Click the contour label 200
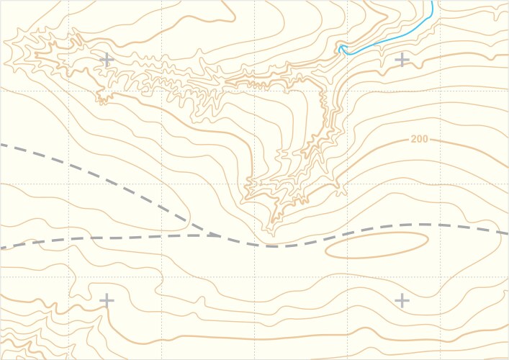pyautogui.click(x=420, y=139)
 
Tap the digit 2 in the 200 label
pyautogui.click(x=414, y=139)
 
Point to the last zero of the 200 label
pyautogui.click(x=425, y=139)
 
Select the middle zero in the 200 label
pyautogui.click(x=420, y=139)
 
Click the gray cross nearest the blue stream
pyautogui.click(x=402, y=60)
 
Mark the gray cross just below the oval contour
pyautogui.click(x=402, y=300)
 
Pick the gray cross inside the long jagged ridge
pyautogui.click(x=107, y=60)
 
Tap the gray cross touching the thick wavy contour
pyautogui.click(x=107, y=300)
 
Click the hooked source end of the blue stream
pyautogui.click(x=341, y=49)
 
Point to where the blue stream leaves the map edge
pyautogui.click(x=432, y=1)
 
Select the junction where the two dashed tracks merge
pyautogui.click(x=215, y=235)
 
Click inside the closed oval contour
pyautogui.click(x=377, y=245)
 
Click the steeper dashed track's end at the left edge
pyautogui.click(x=1, y=145)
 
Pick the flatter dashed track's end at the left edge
pyautogui.click(x=1, y=248)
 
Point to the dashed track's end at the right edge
pyautogui.click(x=507, y=233)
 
